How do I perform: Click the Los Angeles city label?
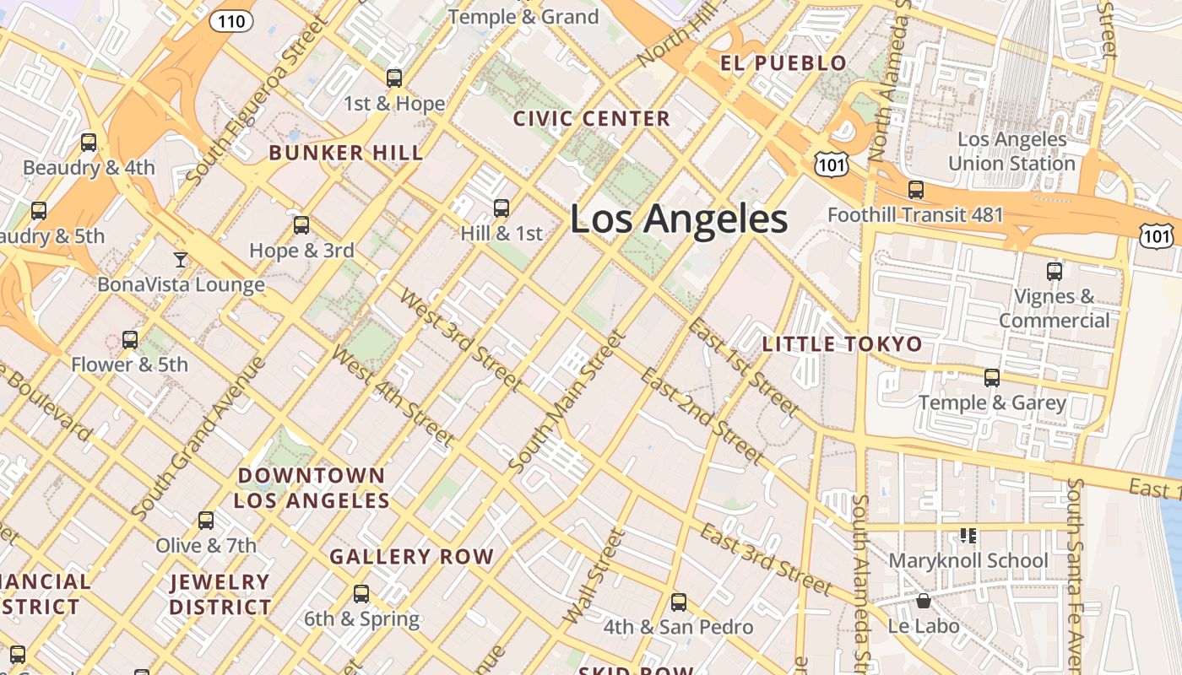tap(679, 219)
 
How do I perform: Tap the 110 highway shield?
tap(231, 21)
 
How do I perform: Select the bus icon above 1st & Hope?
tap(394, 78)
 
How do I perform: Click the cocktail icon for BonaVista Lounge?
tap(181, 259)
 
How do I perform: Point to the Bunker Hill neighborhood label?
tap(346, 153)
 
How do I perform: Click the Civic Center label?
tap(591, 119)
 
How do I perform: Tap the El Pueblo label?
tap(783, 63)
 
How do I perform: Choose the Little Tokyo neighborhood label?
tap(842, 344)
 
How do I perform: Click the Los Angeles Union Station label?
tap(1011, 151)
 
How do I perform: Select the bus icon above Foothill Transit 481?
tap(916, 190)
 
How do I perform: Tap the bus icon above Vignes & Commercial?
tap(1055, 271)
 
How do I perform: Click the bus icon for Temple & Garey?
tap(992, 377)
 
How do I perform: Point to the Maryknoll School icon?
tap(968, 535)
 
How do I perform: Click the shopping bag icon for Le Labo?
tap(924, 601)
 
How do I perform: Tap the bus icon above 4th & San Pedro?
tap(679, 602)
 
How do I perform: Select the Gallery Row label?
tap(411, 557)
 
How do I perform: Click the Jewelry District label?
tap(220, 594)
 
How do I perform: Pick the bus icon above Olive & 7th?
tap(206, 520)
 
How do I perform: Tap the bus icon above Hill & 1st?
tap(502, 208)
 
